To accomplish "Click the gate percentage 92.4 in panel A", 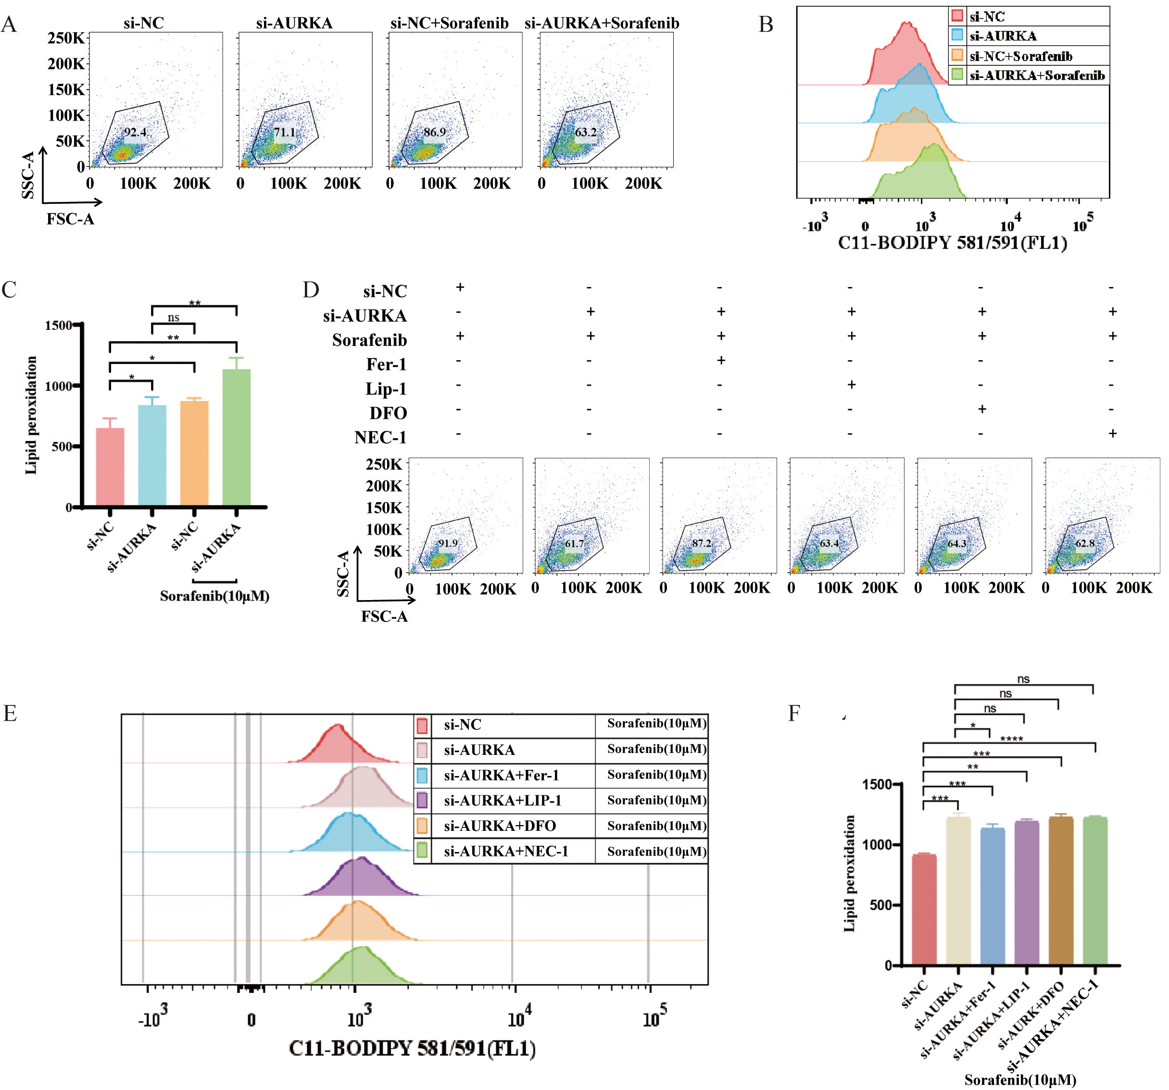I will click(x=135, y=132).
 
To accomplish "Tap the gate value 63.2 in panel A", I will click(x=585, y=132).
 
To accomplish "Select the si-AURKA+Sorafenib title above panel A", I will click(x=602, y=23).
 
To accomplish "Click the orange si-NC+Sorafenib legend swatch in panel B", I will click(x=957, y=55).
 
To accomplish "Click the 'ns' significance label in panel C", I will click(x=173, y=317).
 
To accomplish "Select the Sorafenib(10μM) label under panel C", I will click(x=214, y=596).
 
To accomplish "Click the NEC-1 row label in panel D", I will click(x=380, y=438).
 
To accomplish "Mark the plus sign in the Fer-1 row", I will click(x=721, y=360).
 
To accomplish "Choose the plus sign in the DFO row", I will click(x=982, y=409).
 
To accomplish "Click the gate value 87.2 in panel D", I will click(x=702, y=543).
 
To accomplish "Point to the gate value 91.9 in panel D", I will click(x=448, y=543).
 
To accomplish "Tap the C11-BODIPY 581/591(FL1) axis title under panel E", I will click(x=412, y=1048).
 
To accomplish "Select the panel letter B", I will click(x=766, y=25).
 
